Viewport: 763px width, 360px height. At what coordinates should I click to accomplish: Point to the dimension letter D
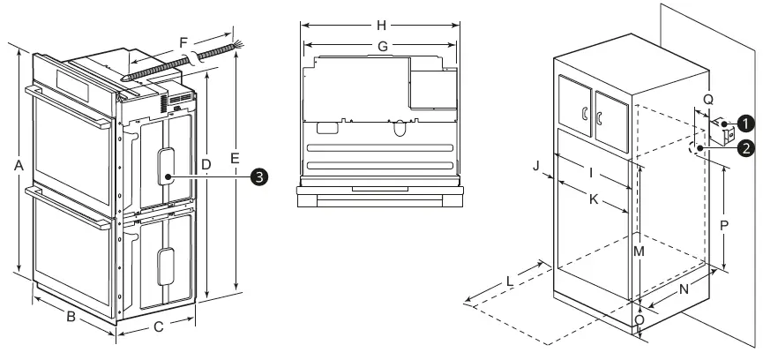click(205, 165)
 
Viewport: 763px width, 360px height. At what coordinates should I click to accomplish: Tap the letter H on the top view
click(382, 24)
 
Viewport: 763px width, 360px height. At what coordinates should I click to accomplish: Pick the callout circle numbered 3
click(258, 177)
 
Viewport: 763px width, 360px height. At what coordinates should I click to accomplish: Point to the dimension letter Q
click(709, 98)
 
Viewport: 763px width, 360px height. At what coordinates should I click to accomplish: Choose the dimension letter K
click(595, 199)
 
